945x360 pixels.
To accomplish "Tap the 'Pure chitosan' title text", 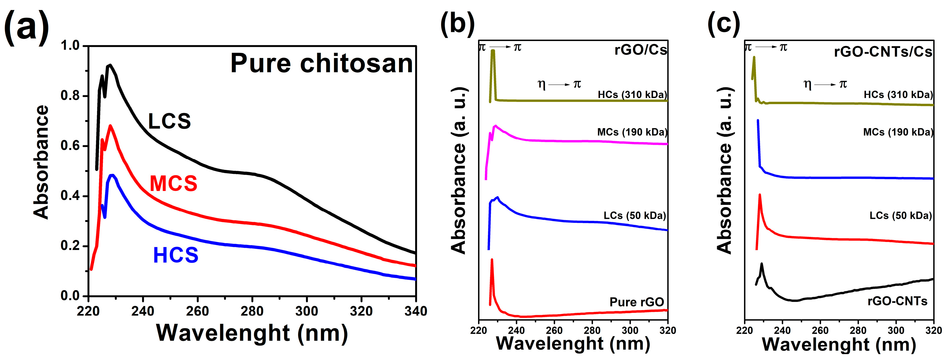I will coord(322,63).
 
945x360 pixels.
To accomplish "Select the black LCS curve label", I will coord(170,121).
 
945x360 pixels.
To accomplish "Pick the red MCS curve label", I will coord(173,184).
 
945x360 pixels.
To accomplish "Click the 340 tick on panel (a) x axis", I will coord(416,311).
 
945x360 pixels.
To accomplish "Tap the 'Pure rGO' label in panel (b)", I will coord(637,302).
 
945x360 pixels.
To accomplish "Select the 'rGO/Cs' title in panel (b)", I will coord(640,50).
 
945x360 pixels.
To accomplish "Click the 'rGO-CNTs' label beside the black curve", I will coord(897,301).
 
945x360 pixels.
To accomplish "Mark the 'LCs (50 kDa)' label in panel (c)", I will coord(900,215).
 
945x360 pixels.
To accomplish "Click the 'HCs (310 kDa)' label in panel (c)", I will coord(898,95).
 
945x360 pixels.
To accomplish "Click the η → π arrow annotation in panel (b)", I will coord(559,84).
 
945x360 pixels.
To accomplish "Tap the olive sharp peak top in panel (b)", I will coord(493,51).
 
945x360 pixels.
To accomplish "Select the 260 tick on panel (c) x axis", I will coord(820,331).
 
